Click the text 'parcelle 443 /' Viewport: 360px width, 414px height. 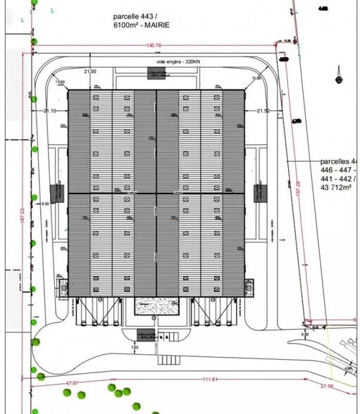coord(139,15)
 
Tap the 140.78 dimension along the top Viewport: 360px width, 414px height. coord(154,46)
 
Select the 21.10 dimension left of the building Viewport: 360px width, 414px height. coord(49,111)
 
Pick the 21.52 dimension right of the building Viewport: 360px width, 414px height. coord(263,111)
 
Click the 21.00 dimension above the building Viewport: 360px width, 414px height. coord(90,72)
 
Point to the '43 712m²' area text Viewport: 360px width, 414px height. coord(339,188)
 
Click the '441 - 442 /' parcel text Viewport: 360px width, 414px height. coord(339,179)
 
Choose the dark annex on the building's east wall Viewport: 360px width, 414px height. coord(258,190)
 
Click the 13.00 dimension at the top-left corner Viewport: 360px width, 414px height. coord(59,82)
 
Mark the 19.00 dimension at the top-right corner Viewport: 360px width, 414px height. coord(256,78)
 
